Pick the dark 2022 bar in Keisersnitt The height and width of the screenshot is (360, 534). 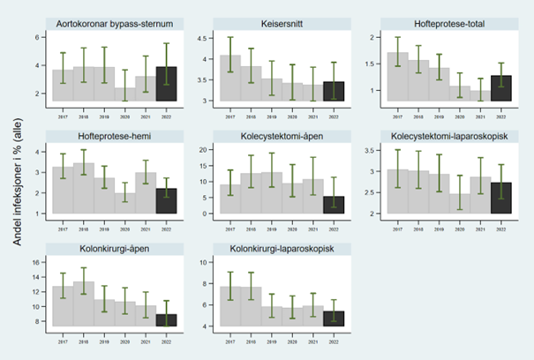(333, 92)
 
